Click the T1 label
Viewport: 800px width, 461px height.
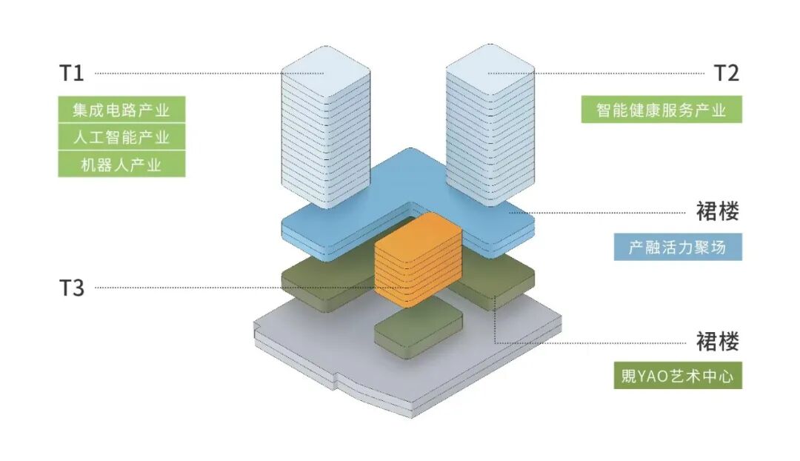coord(72,73)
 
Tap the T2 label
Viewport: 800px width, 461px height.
coord(726,73)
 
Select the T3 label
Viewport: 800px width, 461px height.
coord(72,288)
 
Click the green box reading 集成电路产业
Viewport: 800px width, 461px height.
coord(121,110)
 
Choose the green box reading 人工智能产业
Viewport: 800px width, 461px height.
coord(121,137)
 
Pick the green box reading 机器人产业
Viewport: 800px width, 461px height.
coord(121,164)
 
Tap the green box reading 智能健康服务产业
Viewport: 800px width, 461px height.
coord(661,110)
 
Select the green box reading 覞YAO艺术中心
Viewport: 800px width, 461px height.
coord(678,376)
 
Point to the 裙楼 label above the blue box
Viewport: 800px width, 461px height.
coord(717,211)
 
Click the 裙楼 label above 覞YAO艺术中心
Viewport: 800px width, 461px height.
coord(717,342)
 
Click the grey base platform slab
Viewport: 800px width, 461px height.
coord(311,348)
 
